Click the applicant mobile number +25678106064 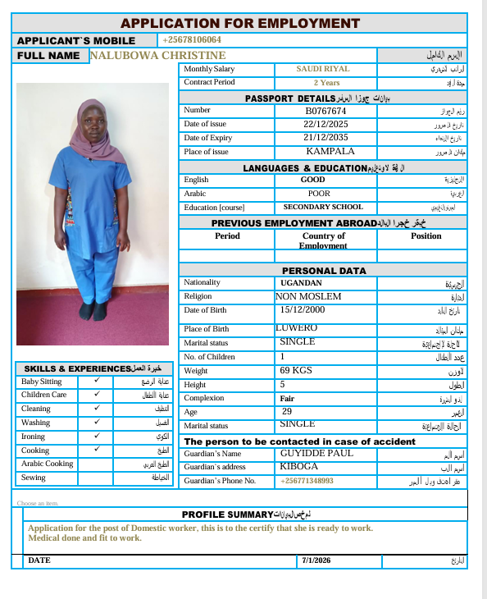[192, 39]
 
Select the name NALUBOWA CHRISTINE [157, 55]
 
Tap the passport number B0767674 [325, 110]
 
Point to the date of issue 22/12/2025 [325, 124]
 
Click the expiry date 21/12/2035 [325, 137]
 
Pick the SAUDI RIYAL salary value [322, 69]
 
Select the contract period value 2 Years [326, 82]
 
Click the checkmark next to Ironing [97, 437]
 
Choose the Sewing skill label [34, 478]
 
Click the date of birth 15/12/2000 [303, 309]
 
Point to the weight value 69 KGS [296, 370]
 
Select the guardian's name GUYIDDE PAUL [316, 453]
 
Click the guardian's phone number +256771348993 [307, 481]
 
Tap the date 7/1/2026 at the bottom [316, 560]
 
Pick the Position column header [426, 235]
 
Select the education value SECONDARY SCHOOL [323, 207]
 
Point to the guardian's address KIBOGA [298, 466]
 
